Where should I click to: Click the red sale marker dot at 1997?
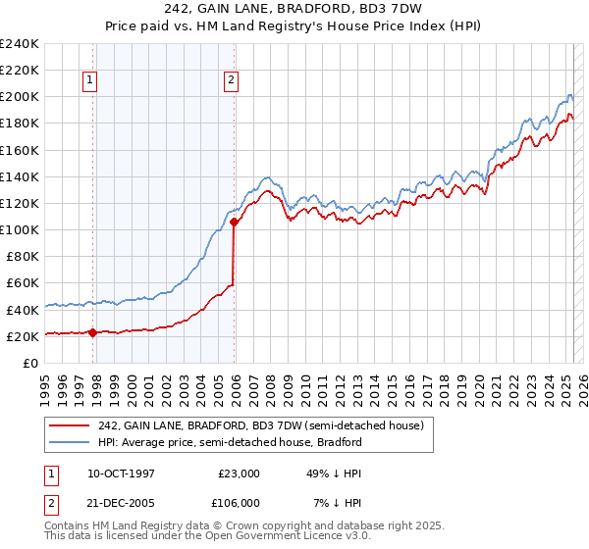92,332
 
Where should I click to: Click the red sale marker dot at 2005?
235,222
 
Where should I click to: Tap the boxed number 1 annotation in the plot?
90,81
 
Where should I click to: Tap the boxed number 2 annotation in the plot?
232,81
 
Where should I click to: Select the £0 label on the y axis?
28,363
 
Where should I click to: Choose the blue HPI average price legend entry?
230,442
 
